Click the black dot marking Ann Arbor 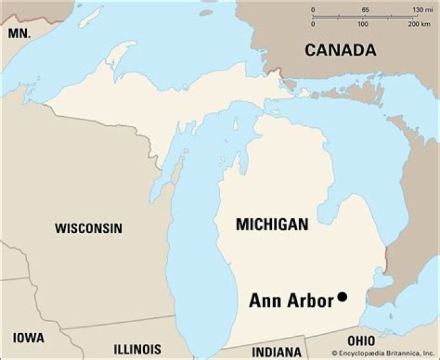click(x=342, y=296)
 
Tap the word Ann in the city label click(x=265, y=301)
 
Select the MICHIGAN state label click(x=272, y=224)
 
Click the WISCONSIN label click(x=89, y=229)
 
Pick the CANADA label click(x=340, y=50)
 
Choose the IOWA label click(x=29, y=337)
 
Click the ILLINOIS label click(x=137, y=349)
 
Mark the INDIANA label click(x=277, y=352)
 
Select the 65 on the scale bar click(x=365, y=10)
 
